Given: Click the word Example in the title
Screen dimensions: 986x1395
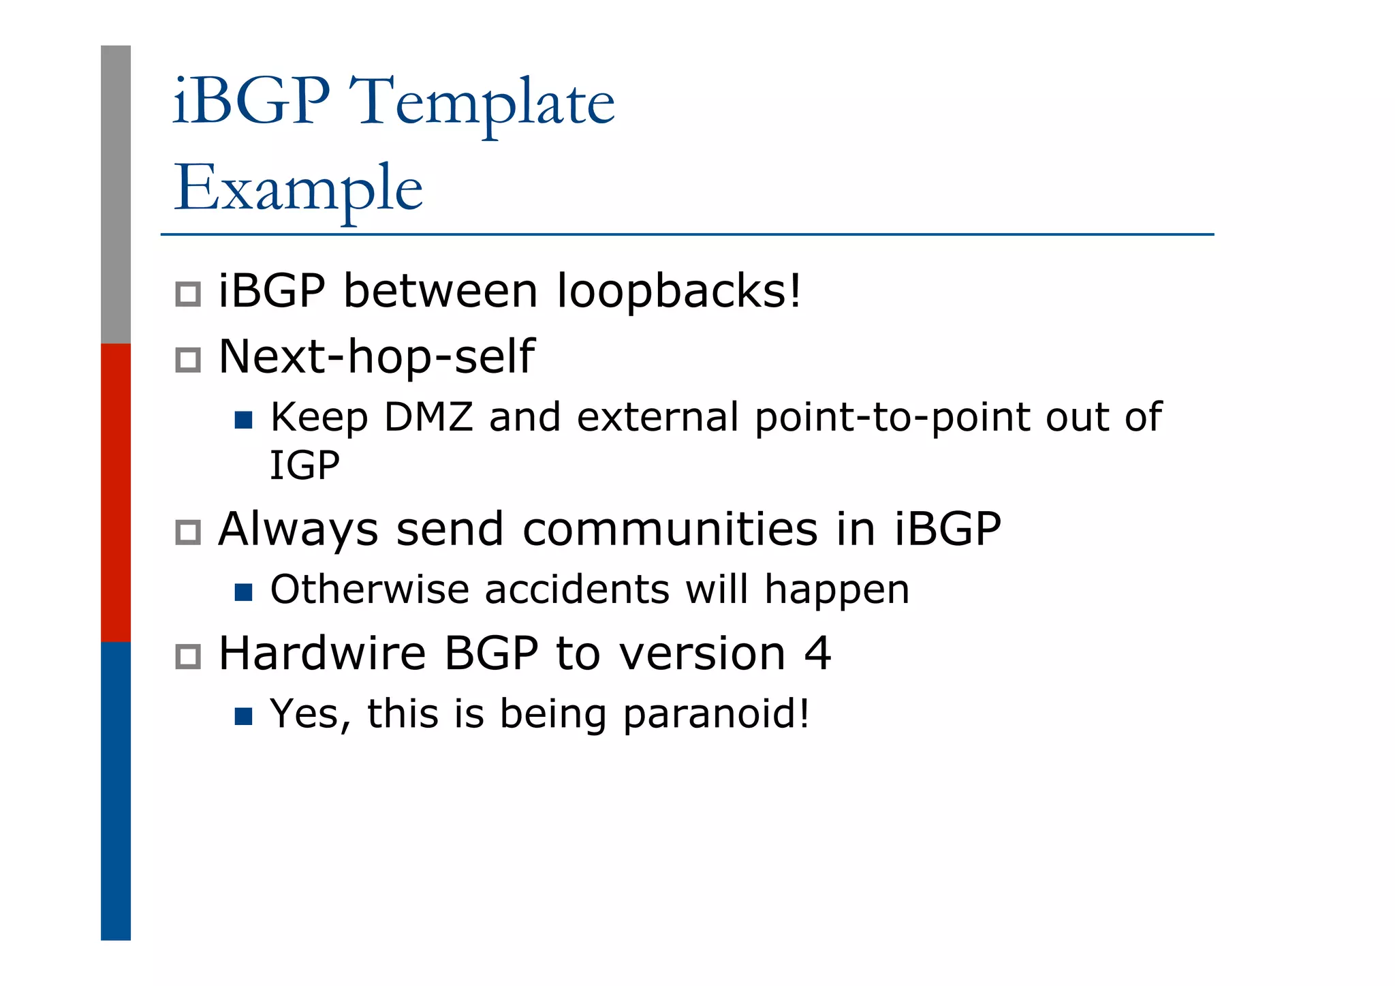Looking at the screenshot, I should [298, 188].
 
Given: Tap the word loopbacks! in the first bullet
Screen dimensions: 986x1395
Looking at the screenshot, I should [679, 291].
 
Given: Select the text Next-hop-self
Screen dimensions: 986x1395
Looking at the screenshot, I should [376, 356].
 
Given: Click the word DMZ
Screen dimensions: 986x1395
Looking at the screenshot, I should [428, 417].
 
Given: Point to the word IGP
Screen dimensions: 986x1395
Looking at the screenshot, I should [304, 466].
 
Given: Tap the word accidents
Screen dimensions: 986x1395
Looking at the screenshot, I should [577, 589].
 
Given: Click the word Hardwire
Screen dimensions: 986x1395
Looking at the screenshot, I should [322, 653].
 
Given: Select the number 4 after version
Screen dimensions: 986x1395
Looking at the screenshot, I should [817, 653].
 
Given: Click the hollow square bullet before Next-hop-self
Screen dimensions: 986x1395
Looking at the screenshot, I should [188, 360].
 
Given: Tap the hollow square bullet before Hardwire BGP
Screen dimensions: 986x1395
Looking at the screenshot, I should [188, 657].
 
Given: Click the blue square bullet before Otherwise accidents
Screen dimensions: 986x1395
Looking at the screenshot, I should [243, 592].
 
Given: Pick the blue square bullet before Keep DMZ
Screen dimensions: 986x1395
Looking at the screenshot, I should [243, 420].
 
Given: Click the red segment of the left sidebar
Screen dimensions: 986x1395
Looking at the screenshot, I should [116, 492].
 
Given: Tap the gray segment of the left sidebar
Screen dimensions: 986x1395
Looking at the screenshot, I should [116, 194].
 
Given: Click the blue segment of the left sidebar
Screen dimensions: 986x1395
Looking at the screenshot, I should [116, 790].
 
